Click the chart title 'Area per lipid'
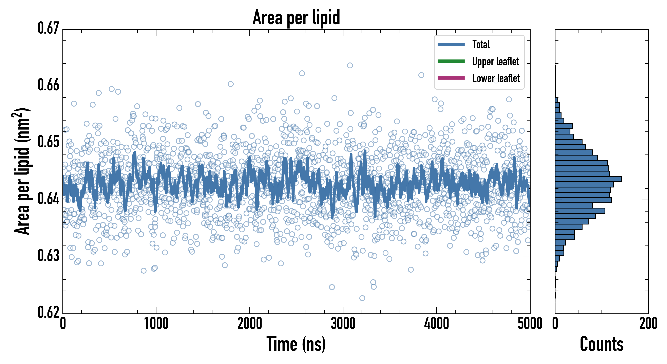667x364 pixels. point(296,18)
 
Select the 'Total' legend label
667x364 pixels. point(481,44)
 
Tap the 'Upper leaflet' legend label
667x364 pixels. point(495,61)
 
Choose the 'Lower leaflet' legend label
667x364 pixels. point(496,78)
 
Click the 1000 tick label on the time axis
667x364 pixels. point(156,324)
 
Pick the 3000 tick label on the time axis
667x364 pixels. point(343,324)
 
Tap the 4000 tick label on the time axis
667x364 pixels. point(437,324)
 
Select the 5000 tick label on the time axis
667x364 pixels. point(530,324)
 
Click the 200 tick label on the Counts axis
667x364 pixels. point(648,324)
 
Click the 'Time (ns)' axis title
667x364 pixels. point(296,344)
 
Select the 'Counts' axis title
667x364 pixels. point(602,344)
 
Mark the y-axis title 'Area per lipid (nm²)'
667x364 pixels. point(22,171)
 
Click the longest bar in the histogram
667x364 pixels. point(588,179)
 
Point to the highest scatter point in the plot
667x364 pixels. point(350,65)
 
